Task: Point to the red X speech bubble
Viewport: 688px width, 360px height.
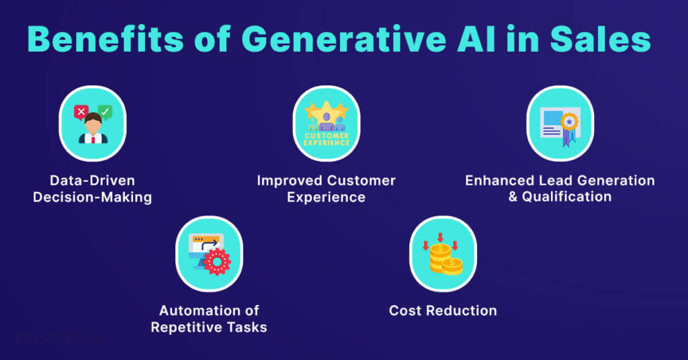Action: click(81, 111)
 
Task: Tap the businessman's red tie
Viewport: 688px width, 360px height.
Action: click(93, 138)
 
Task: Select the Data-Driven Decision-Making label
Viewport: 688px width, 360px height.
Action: click(93, 189)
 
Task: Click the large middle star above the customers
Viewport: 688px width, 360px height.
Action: click(327, 110)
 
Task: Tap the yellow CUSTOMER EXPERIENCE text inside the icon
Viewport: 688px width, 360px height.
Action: click(327, 138)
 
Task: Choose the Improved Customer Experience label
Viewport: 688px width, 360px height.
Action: click(327, 189)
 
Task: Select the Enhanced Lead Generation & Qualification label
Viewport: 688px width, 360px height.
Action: click(560, 189)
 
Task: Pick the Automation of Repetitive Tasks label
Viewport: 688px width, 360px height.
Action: click(209, 319)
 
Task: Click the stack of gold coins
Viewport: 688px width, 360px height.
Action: click(444, 259)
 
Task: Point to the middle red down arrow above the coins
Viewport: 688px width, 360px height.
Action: click(441, 237)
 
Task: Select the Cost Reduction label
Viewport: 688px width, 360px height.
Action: click(443, 311)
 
